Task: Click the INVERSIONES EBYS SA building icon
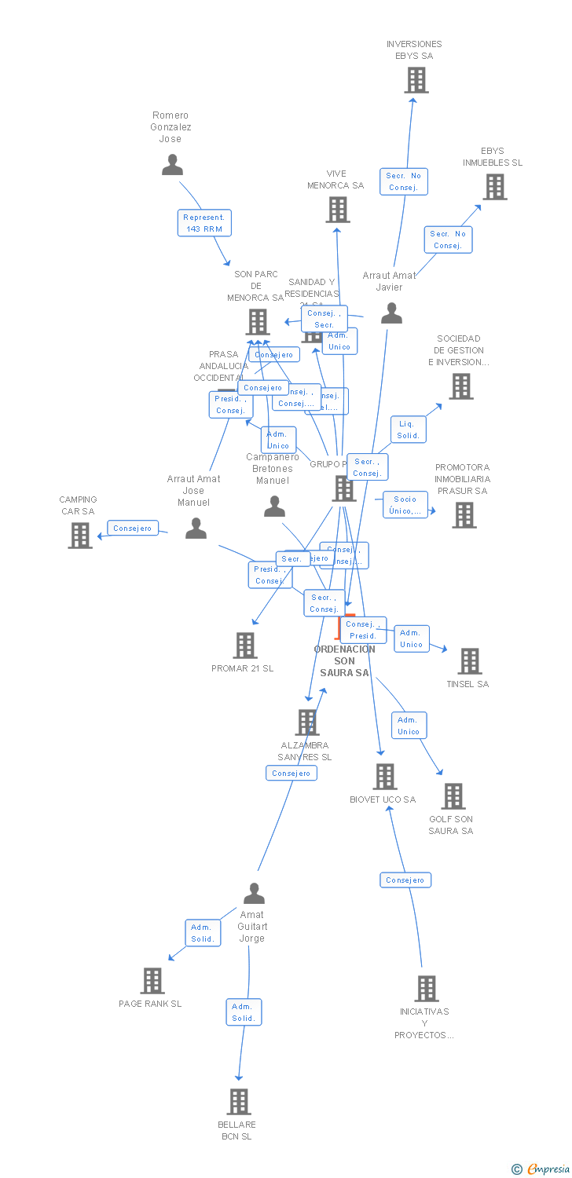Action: (416, 79)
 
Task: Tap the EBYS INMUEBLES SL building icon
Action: (494, 187)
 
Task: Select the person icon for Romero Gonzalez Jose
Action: (172, 165)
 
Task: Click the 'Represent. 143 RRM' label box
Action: (204, 223)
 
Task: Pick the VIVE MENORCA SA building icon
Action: (338, 210)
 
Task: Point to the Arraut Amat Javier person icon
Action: (391, 313)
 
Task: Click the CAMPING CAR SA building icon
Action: (80, 536)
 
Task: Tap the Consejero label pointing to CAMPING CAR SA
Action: (133, 529)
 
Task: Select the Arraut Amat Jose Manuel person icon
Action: (196, 529)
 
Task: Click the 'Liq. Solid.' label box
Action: (409, 430)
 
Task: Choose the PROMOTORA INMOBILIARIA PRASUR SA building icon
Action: (464, 515)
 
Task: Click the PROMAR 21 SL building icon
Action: (245, 646)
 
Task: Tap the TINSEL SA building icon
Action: (470, 661)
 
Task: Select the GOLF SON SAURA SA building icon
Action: (453, 796)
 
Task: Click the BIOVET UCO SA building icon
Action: (384, 777)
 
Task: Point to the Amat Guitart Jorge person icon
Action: (254, 894)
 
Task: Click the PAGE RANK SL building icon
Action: (152, 981)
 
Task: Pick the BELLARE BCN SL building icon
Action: (239, 1102)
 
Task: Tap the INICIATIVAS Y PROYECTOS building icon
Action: (427, 989)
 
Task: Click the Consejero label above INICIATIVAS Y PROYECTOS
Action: (405, 880)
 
